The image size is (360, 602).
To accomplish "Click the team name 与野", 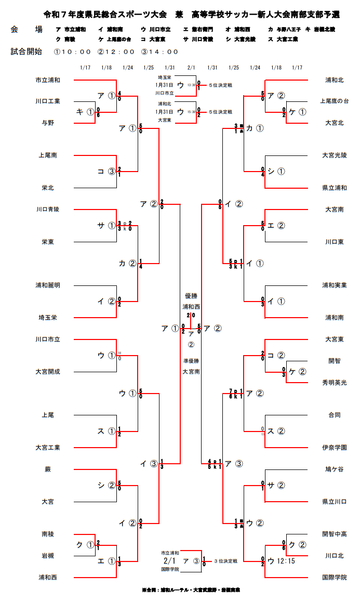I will point(48,123).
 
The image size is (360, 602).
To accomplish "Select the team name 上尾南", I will point(48,155).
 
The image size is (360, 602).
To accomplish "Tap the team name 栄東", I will point(48,242).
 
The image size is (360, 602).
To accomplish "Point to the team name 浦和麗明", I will point(48,285).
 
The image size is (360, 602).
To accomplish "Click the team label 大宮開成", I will point(48,372).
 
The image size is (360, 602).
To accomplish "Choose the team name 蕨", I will point(48,469).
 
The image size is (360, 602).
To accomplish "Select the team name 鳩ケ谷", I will point(334,469).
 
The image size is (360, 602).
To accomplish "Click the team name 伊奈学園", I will point(334,447).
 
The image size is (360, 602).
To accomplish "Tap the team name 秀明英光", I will point(334,382).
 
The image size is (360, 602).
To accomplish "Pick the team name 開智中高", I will point(334,534).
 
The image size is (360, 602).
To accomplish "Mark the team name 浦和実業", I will point(334,285).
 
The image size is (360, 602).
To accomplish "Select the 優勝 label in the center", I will point(191,295).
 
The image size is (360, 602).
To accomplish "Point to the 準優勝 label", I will point(191,360).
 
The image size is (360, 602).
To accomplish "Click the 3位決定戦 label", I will point(224,561).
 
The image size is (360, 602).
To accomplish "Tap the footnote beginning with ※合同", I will point(191,590).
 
